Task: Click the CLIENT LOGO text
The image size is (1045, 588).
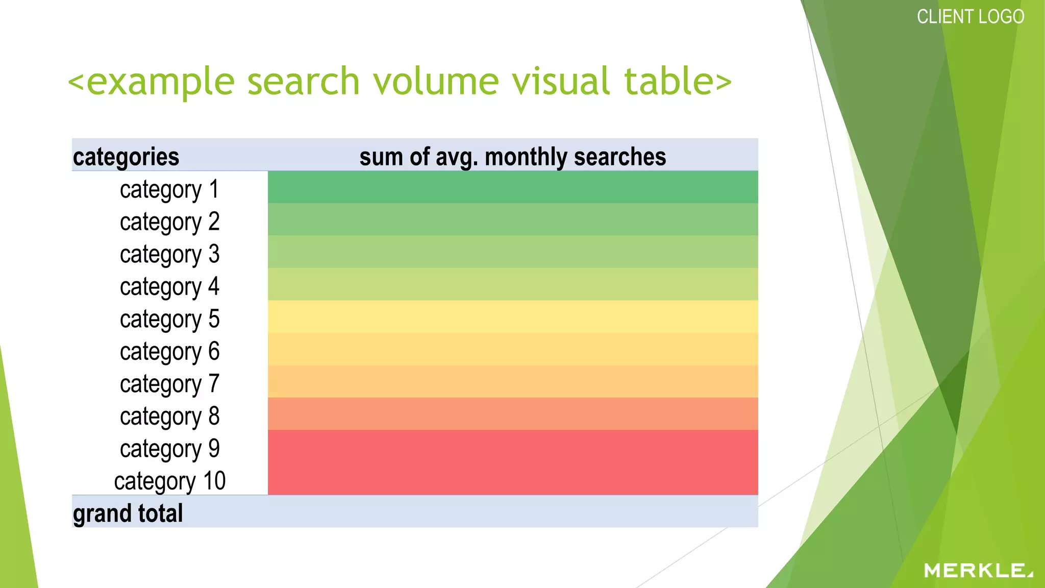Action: tap(970, 17)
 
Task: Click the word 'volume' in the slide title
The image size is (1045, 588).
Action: tap(436, 81)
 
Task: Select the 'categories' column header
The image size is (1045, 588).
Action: tap(126, 157)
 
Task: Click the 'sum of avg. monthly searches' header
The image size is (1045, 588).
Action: tap(512, 157)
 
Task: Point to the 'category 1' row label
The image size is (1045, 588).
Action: tap(169, 189)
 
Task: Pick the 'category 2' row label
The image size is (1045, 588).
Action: tap(169, 222)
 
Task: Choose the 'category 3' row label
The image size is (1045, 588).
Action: tap(169, 254)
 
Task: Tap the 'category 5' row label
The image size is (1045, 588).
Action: tap(169, 319)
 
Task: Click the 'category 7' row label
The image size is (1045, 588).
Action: tap(169, 384)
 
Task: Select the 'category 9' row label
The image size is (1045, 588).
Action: tap(169, 449)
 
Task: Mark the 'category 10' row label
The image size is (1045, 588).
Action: tap(169, 481)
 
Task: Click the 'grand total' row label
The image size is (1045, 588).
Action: tap(128, 513)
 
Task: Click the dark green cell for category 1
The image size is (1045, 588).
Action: tap(512, 187)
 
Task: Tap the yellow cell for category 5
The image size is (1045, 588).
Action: tap(512, 316)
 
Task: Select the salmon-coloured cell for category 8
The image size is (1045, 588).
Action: tap(512, 414)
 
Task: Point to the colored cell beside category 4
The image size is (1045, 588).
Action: tap(512, 284)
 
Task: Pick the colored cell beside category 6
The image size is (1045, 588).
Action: tap(512, 349)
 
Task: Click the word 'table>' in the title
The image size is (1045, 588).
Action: tap(678, 81)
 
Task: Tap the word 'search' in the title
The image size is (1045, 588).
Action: tap(304, 81)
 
